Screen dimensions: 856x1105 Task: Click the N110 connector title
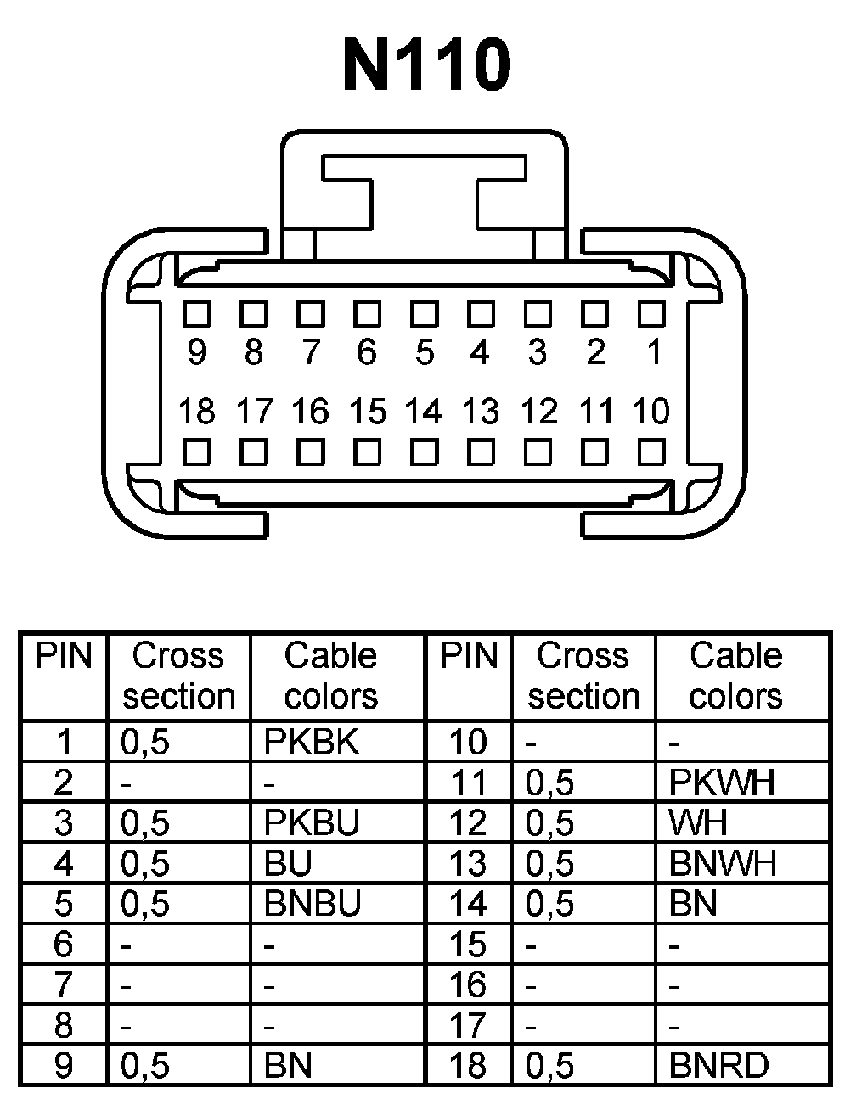click(x=427, y=65)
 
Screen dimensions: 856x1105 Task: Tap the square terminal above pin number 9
click(x=197, y=314)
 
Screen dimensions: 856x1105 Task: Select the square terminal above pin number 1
click(x=651, y=314)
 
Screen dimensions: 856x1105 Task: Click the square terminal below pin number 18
click(x=197, y=451)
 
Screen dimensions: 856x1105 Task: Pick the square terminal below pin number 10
click(x=651, y=451)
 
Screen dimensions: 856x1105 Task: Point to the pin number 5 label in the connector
click(x=424, y=351)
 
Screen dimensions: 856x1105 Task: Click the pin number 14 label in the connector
click(x=423, y=412)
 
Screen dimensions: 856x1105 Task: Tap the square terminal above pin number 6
click(x=367, y=314)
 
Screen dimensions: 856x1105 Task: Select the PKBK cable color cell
click(x=312, y=742)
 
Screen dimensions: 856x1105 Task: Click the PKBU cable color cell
click(x=312, y=822)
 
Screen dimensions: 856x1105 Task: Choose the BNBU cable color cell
click(x=313, y=903)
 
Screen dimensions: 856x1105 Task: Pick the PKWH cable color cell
click(x=722, y=782)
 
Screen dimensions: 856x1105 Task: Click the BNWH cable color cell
click(x=723, y=863)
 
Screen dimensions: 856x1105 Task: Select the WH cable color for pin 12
click(x=698, y=822)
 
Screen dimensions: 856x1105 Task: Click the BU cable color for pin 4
click(x=289, y=863)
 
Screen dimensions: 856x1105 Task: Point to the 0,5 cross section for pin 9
click(x=145, y=1066)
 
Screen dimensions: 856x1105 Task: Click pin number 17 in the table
click(x=468, y=1025)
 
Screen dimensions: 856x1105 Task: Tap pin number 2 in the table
click(x=64, y=782)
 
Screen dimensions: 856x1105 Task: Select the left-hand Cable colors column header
click(x=330, y=676)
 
